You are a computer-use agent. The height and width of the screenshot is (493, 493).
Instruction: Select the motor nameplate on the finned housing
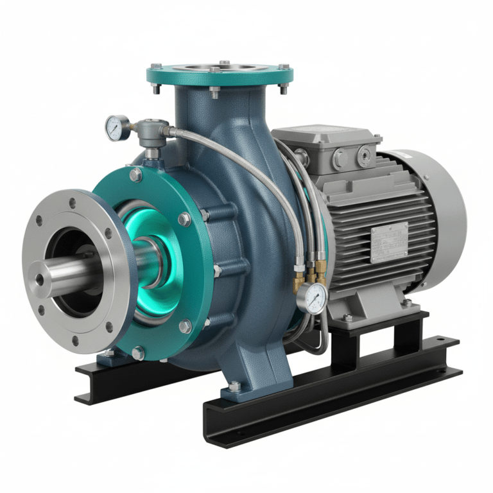[389, 242]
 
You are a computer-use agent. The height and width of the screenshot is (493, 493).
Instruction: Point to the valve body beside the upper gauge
[152, 132]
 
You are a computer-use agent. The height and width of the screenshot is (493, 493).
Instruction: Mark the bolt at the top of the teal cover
[135, 174]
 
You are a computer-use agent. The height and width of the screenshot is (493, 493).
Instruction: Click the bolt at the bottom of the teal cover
[137, 352]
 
